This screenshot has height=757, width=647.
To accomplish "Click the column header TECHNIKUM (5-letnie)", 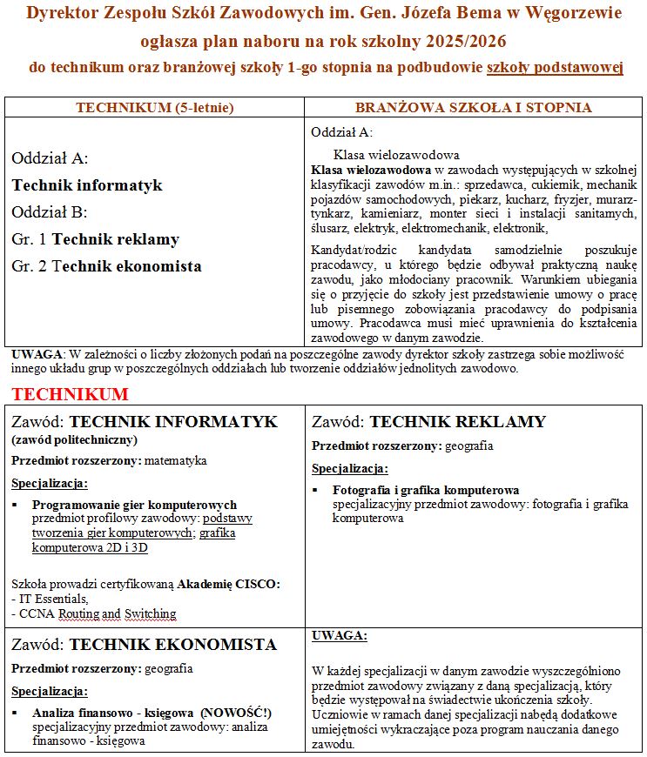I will pos(155,108).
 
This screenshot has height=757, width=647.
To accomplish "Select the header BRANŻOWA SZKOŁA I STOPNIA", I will pos(473,108).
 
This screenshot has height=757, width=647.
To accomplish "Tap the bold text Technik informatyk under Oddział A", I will pos(87,185).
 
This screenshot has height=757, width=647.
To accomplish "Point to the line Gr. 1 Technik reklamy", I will pos(96,239).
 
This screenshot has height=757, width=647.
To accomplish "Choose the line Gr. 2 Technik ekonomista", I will pos(106,266).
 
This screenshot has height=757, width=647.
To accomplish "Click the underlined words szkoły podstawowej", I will pos(555,67).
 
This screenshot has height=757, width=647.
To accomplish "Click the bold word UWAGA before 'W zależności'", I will pos(37,355).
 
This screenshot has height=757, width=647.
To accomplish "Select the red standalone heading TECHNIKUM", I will pos(70,394).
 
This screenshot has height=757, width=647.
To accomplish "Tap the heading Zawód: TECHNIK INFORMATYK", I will pos(145,422).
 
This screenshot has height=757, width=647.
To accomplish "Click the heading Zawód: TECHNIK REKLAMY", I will pos(428,422).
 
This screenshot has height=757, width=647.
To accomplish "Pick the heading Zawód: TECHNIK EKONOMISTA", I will pos(144,645).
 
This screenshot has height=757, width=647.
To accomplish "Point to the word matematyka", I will pos(176,460).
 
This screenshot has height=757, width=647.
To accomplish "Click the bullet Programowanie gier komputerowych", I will pos(134,505).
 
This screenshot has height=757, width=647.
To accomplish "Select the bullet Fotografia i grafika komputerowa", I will pos(426,490).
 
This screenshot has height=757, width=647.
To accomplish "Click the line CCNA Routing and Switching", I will pos(93,613).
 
